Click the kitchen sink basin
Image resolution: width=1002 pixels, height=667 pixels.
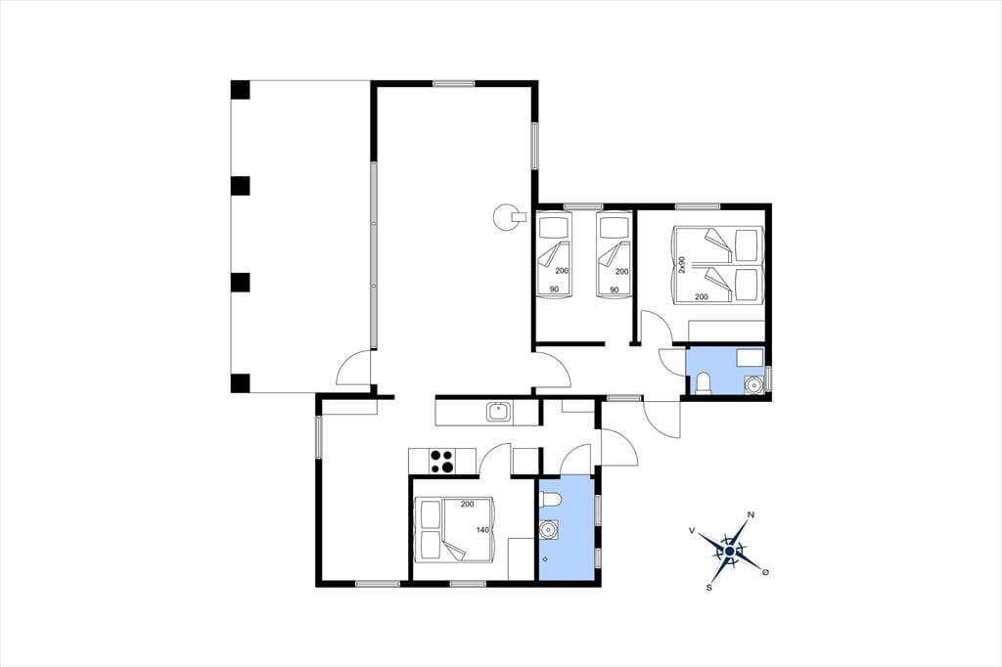(498, 412)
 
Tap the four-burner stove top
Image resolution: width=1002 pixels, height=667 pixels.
(441, 462)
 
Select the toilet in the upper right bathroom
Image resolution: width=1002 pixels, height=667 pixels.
(703, 382)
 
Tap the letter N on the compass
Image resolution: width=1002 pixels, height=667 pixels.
(751, 515)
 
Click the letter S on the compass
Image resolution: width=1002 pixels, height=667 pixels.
(708, 587)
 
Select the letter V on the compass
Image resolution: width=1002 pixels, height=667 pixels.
(692, 530)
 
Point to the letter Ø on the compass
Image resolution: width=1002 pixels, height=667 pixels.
(765, 572)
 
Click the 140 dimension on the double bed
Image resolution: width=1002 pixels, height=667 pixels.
(482, 530)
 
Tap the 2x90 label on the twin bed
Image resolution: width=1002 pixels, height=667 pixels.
(682, 264)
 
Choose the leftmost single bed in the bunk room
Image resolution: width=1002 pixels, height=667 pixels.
(554, 255)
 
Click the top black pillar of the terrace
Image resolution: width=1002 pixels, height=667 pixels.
(240, 89)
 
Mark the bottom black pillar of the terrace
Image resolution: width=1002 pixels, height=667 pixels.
(240, 383)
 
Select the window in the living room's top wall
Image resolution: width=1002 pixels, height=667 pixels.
(454, 83)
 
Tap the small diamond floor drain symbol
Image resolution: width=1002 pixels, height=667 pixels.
(544, 559)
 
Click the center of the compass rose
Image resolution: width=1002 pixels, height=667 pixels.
(729, 550)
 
